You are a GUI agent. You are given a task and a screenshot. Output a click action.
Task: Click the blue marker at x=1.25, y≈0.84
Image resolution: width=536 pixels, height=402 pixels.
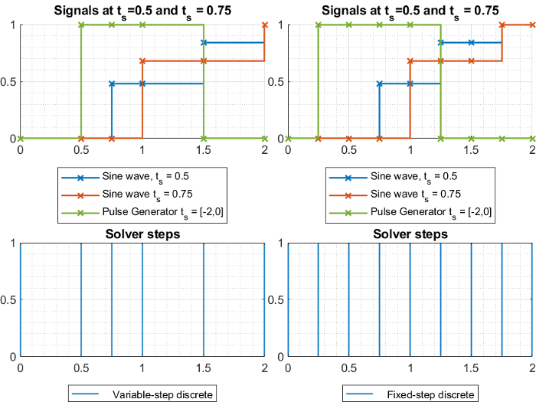tap(440, 43)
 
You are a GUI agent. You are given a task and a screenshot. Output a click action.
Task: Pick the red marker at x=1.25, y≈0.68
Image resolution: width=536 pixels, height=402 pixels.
tap(440, 60)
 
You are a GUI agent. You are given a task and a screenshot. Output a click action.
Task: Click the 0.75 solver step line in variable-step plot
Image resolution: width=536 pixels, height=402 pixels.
tap(112, 299)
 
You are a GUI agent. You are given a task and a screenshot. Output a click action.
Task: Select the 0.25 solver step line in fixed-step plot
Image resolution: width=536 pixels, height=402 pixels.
tap(318, 299)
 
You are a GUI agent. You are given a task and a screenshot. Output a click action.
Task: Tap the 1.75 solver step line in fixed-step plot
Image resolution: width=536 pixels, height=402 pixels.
tap(502, 299)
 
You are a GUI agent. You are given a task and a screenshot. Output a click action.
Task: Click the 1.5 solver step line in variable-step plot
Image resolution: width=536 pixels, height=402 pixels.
tap(203, 299)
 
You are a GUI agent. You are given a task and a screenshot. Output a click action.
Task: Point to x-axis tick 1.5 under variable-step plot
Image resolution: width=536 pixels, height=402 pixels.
tap(203, 368)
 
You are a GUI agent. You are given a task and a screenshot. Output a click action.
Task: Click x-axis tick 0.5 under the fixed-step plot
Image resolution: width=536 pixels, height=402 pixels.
tap(348, 368)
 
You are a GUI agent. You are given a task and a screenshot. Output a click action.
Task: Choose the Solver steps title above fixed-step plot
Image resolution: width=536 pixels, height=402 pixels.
tap(410, 234)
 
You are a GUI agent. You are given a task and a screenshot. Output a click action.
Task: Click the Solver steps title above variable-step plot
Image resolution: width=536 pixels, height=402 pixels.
tap(142, 234)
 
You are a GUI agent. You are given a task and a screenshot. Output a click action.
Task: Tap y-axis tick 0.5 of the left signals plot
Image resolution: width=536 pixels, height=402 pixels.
tap(9, 82)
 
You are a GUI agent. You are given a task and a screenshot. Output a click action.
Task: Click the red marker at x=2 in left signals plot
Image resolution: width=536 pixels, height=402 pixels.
tap(264, 25)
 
